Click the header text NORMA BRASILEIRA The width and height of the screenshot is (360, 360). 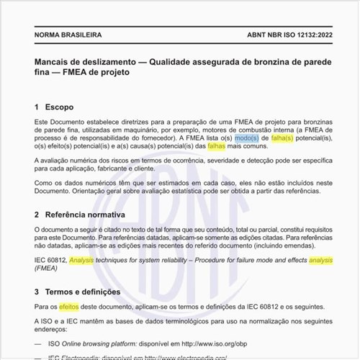pos(68,35)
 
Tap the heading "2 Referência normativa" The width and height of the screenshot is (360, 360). pos(80,215)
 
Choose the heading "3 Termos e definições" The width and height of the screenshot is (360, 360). pos(80,292)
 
